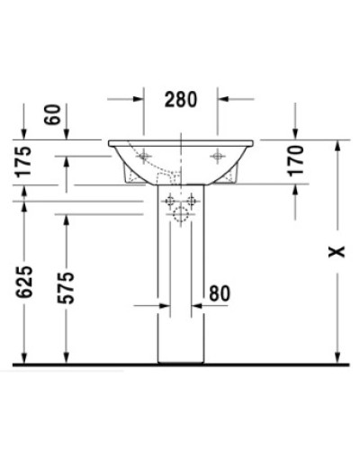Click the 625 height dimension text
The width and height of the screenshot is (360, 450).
coord(24,282)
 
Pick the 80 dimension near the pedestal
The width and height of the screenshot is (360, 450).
coord(219,292)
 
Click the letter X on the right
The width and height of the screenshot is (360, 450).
coord(336,253)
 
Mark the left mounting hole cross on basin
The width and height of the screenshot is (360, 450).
coord(144,156)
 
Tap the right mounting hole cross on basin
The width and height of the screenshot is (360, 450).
coord(216,156)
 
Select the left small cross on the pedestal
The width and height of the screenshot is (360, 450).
coord(169,200)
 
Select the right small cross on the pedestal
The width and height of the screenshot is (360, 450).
coord(191,200)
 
